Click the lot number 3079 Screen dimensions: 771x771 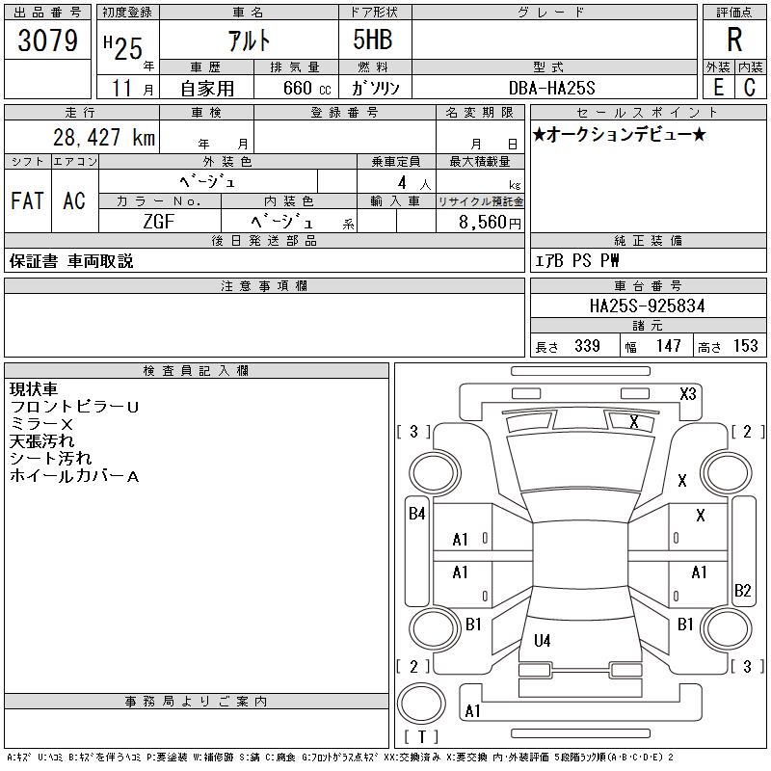pos(47,40)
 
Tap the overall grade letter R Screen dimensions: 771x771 pos(734,40)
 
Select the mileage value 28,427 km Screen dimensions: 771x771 pos(104,137)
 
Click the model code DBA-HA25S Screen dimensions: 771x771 pos(551,88)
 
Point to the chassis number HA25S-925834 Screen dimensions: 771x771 pos(647,306)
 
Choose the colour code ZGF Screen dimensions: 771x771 pos(159,222)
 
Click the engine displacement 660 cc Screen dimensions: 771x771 pos(306,88)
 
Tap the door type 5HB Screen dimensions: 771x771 pos(373,40)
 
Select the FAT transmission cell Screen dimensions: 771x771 pos(28,200)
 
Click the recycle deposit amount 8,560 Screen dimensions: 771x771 pos(483,223)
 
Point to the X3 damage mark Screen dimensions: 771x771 pos(688,394)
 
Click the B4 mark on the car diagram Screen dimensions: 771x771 pos(417,514)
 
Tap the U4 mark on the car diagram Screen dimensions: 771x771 pos(543,640)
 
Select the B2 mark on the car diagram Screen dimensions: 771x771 pos(742,590)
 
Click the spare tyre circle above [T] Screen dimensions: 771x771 pos(421,704)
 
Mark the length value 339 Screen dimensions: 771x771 pos(587,346)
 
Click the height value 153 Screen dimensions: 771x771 pos(746,346)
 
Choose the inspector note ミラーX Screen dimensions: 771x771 pos(41,424)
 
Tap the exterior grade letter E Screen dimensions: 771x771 pos(718,87)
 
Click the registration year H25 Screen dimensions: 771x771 pos(123,49)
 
